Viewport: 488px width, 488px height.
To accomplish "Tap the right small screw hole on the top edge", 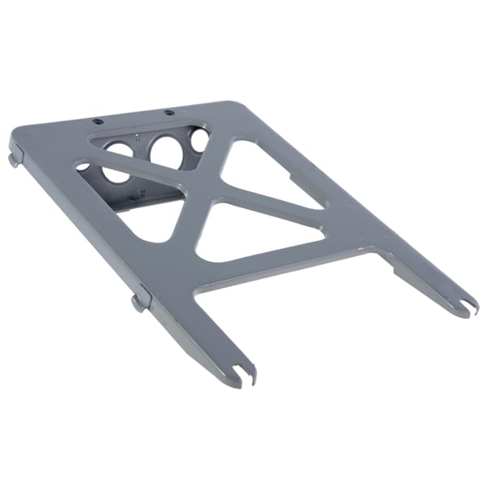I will click(x=168, y=112).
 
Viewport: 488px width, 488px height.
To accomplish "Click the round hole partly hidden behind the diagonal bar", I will click(x=118, y=159).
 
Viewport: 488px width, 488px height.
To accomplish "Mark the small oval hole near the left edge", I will click(x=83, y=167).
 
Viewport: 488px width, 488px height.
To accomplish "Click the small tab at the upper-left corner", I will click(x=15, y=157).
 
